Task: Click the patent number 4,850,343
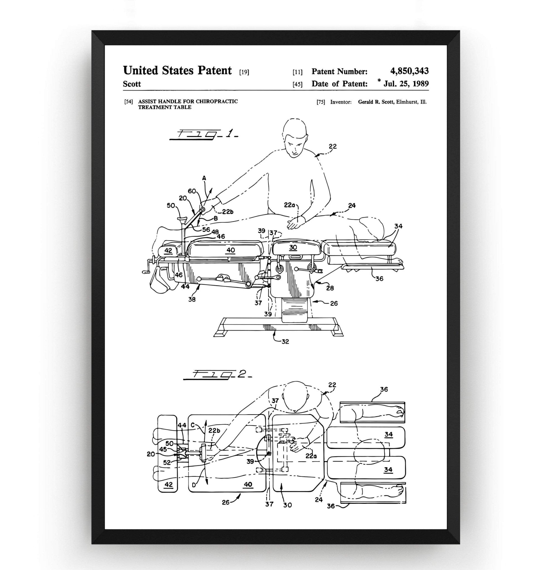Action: pos(409,71)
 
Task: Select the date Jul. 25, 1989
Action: pos(406,84)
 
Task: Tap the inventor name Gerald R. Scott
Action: pos(376,102)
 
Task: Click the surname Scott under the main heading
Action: pos(132,84)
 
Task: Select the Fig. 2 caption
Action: pos(218,374)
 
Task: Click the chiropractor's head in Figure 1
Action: pos(295,138)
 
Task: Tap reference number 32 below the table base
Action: pos(285,342)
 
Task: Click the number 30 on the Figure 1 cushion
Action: pos(293,247)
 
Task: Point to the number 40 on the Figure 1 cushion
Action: pos(231,250)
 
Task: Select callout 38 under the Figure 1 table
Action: pos(192,299)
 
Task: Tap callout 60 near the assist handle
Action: pos(192,191)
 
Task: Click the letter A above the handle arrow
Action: pos(204,178)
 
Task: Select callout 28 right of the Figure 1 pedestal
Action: pos(330,288)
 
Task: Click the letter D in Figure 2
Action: pos(194,485)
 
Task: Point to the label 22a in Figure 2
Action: pos(311,456)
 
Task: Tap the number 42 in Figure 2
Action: pos(168,485)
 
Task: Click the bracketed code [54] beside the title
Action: pos(128,102)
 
